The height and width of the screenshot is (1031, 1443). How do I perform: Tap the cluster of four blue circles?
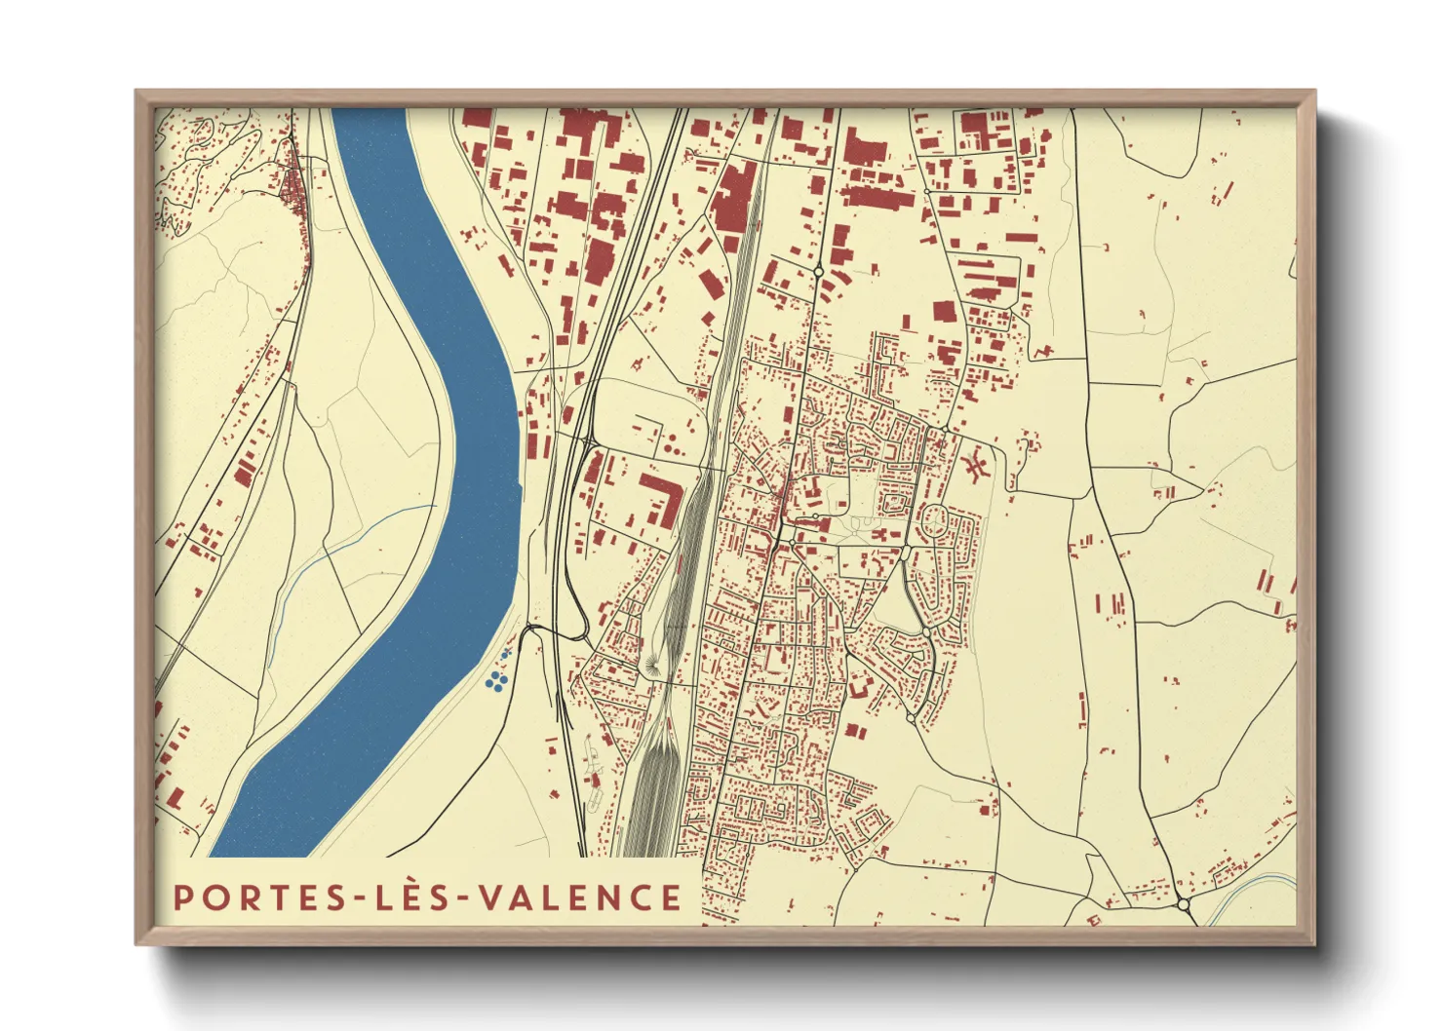497,679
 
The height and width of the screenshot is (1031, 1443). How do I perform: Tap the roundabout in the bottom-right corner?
1184,904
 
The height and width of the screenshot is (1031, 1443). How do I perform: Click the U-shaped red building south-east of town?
858,687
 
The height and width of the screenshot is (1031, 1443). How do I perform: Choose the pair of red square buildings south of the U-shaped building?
855,730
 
